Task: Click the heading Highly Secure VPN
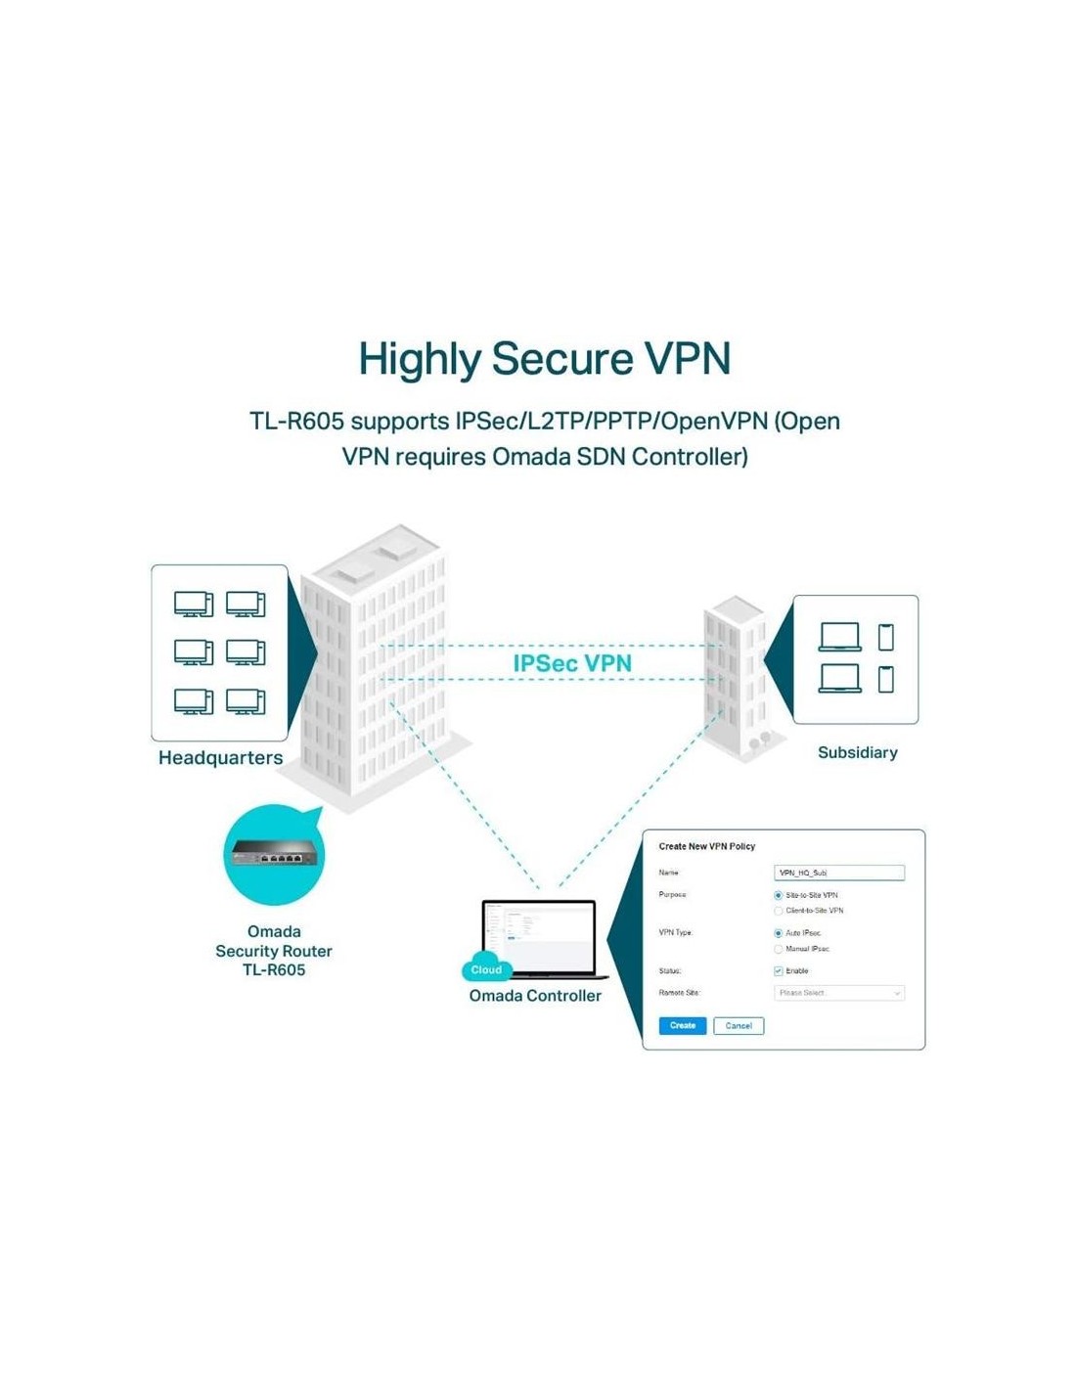point(544,359)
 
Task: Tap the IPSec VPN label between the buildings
point(572,663)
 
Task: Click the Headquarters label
point(220,758)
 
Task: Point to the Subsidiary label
point(857,752)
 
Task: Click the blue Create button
point(682,1025)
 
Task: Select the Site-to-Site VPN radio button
point(779,895)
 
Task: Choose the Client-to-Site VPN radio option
point(779,911)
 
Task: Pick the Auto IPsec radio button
point(779,933)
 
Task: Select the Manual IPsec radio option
point(779,949)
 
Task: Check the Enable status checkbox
point(779,971)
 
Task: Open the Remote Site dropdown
point(838,993)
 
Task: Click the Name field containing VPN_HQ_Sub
point(838,873)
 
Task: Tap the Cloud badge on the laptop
point(486,969)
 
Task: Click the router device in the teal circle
point(274,856)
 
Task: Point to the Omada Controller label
point(535,996)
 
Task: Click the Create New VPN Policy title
point(706,846)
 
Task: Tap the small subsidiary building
point(734,675)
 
